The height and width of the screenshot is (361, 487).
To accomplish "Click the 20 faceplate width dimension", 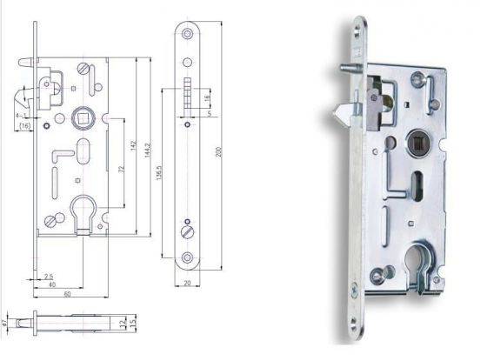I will (188, 283).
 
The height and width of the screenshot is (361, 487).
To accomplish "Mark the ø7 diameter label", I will (6, 323).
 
